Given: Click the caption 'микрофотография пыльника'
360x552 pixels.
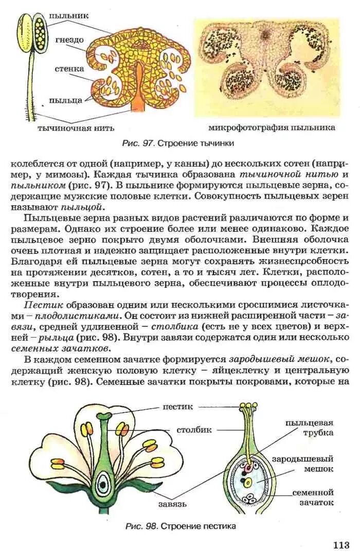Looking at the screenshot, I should coord(272,127).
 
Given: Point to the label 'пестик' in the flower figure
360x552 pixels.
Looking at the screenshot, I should coord(178,407).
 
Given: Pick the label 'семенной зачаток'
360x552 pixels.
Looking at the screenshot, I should coord(313,497).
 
